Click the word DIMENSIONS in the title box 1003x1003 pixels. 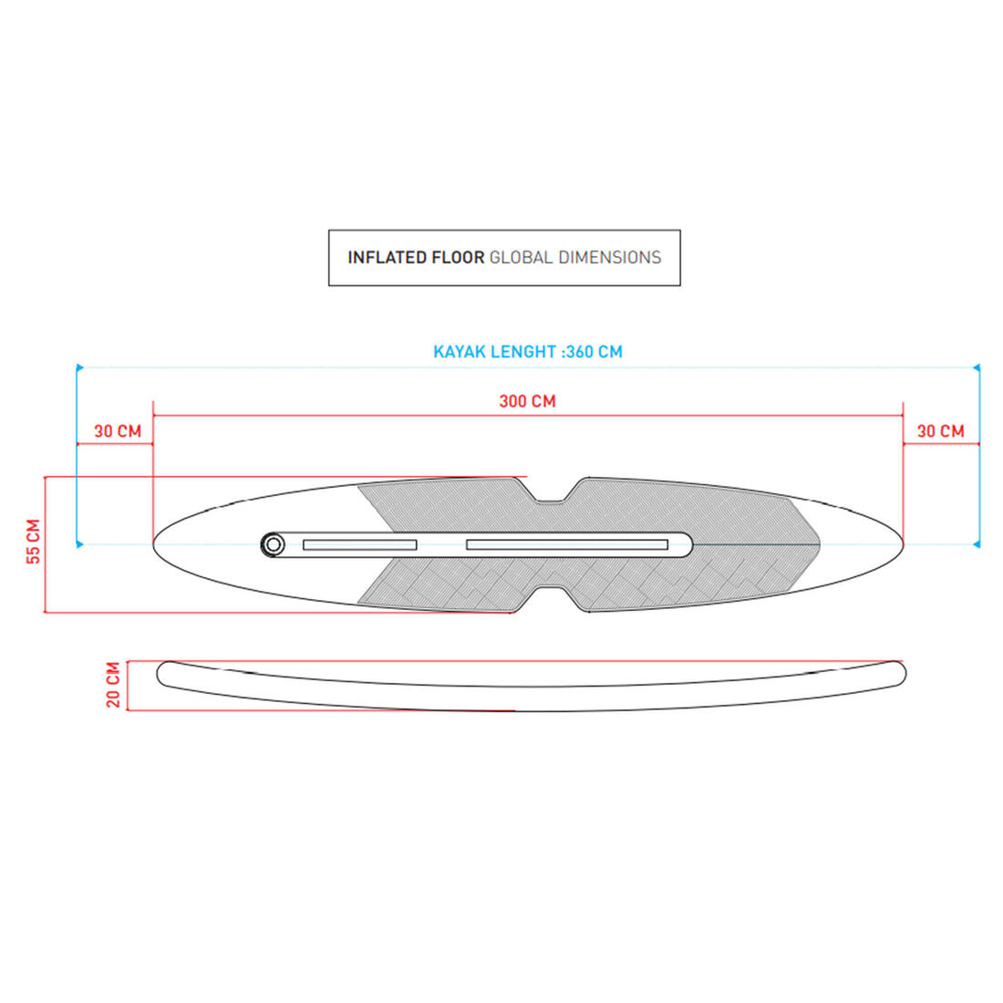(x=610, y=257)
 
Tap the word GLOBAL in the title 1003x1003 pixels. (x=521, y=257)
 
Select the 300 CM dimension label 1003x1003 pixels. (x=527, y=401)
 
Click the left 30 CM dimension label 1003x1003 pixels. (x=118, y=431)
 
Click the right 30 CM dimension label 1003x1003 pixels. (x=940, y=431)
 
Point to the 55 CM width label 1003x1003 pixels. (x=33, y=541)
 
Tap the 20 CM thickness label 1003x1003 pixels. (x=113, y=685)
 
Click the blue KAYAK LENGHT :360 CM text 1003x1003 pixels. (x=528, y=352)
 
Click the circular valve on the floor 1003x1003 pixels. (x=274, y=545)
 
